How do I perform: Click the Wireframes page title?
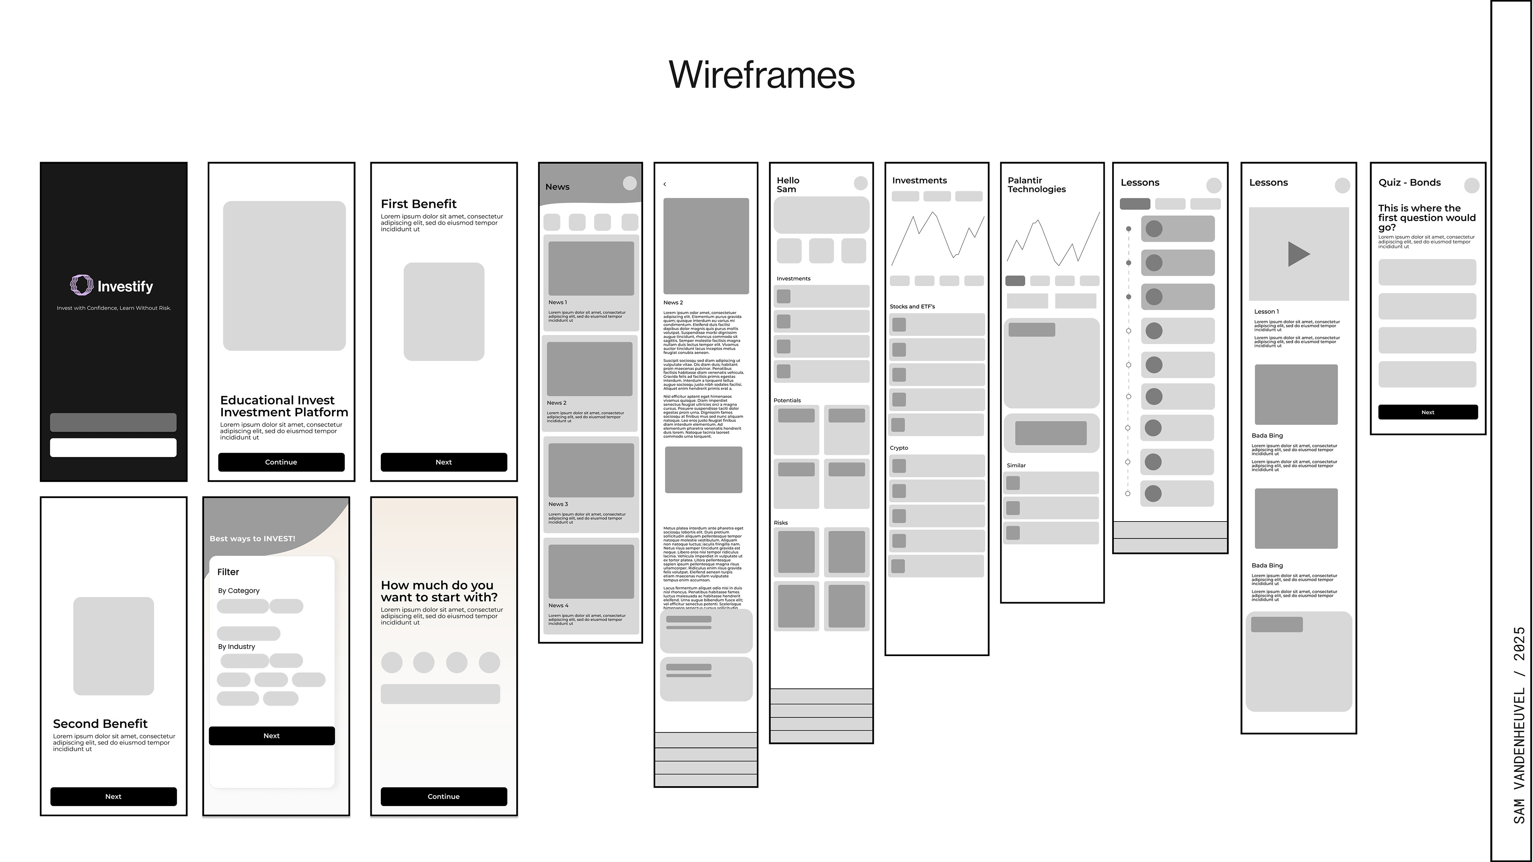(761, 75)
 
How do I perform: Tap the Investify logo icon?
(81, 286)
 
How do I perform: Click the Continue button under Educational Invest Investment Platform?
(281, 462)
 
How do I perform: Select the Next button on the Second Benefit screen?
(113, 797)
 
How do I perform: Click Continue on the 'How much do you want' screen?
(444, 797)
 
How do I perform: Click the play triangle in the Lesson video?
(1298, 254)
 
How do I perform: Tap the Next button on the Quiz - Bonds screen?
(1427, 412)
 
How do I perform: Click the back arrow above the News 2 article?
(665, 184)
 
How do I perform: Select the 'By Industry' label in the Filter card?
(236, 646)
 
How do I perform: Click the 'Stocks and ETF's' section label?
(912, 307)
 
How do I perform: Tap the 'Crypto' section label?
(899, 448)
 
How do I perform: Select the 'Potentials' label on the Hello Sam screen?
(787, 400)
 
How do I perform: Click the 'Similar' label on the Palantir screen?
(1016, 466)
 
